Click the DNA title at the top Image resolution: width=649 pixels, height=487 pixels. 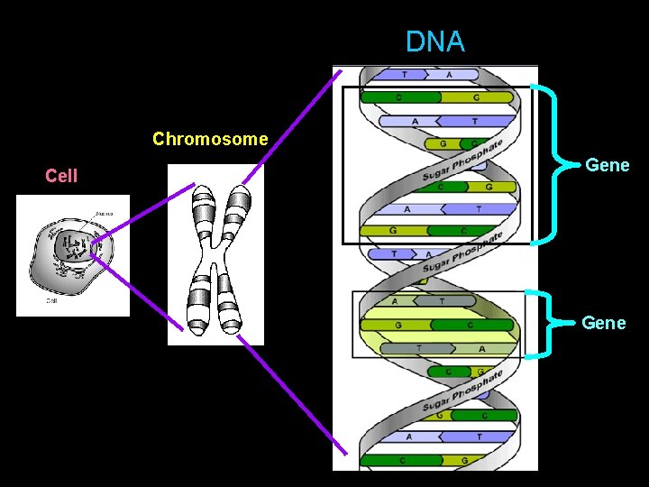(434, 41)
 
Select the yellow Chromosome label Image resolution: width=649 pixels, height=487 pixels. (210, 139)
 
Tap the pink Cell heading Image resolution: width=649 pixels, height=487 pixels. (61, 176)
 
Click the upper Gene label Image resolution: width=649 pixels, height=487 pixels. (607, 165)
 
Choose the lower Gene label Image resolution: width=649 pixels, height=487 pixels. (603, 323)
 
